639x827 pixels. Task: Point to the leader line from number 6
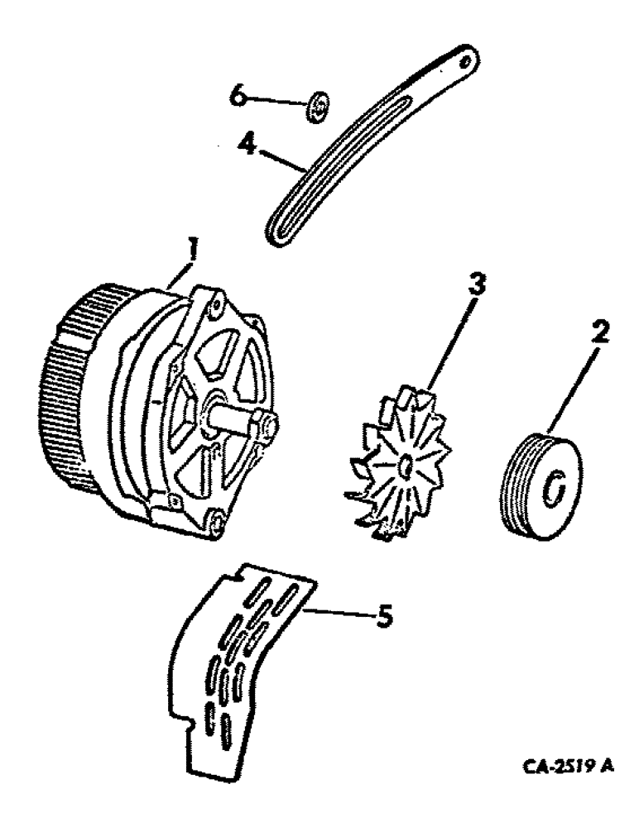tap(277, 102)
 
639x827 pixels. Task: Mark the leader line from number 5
tap(339, 614)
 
